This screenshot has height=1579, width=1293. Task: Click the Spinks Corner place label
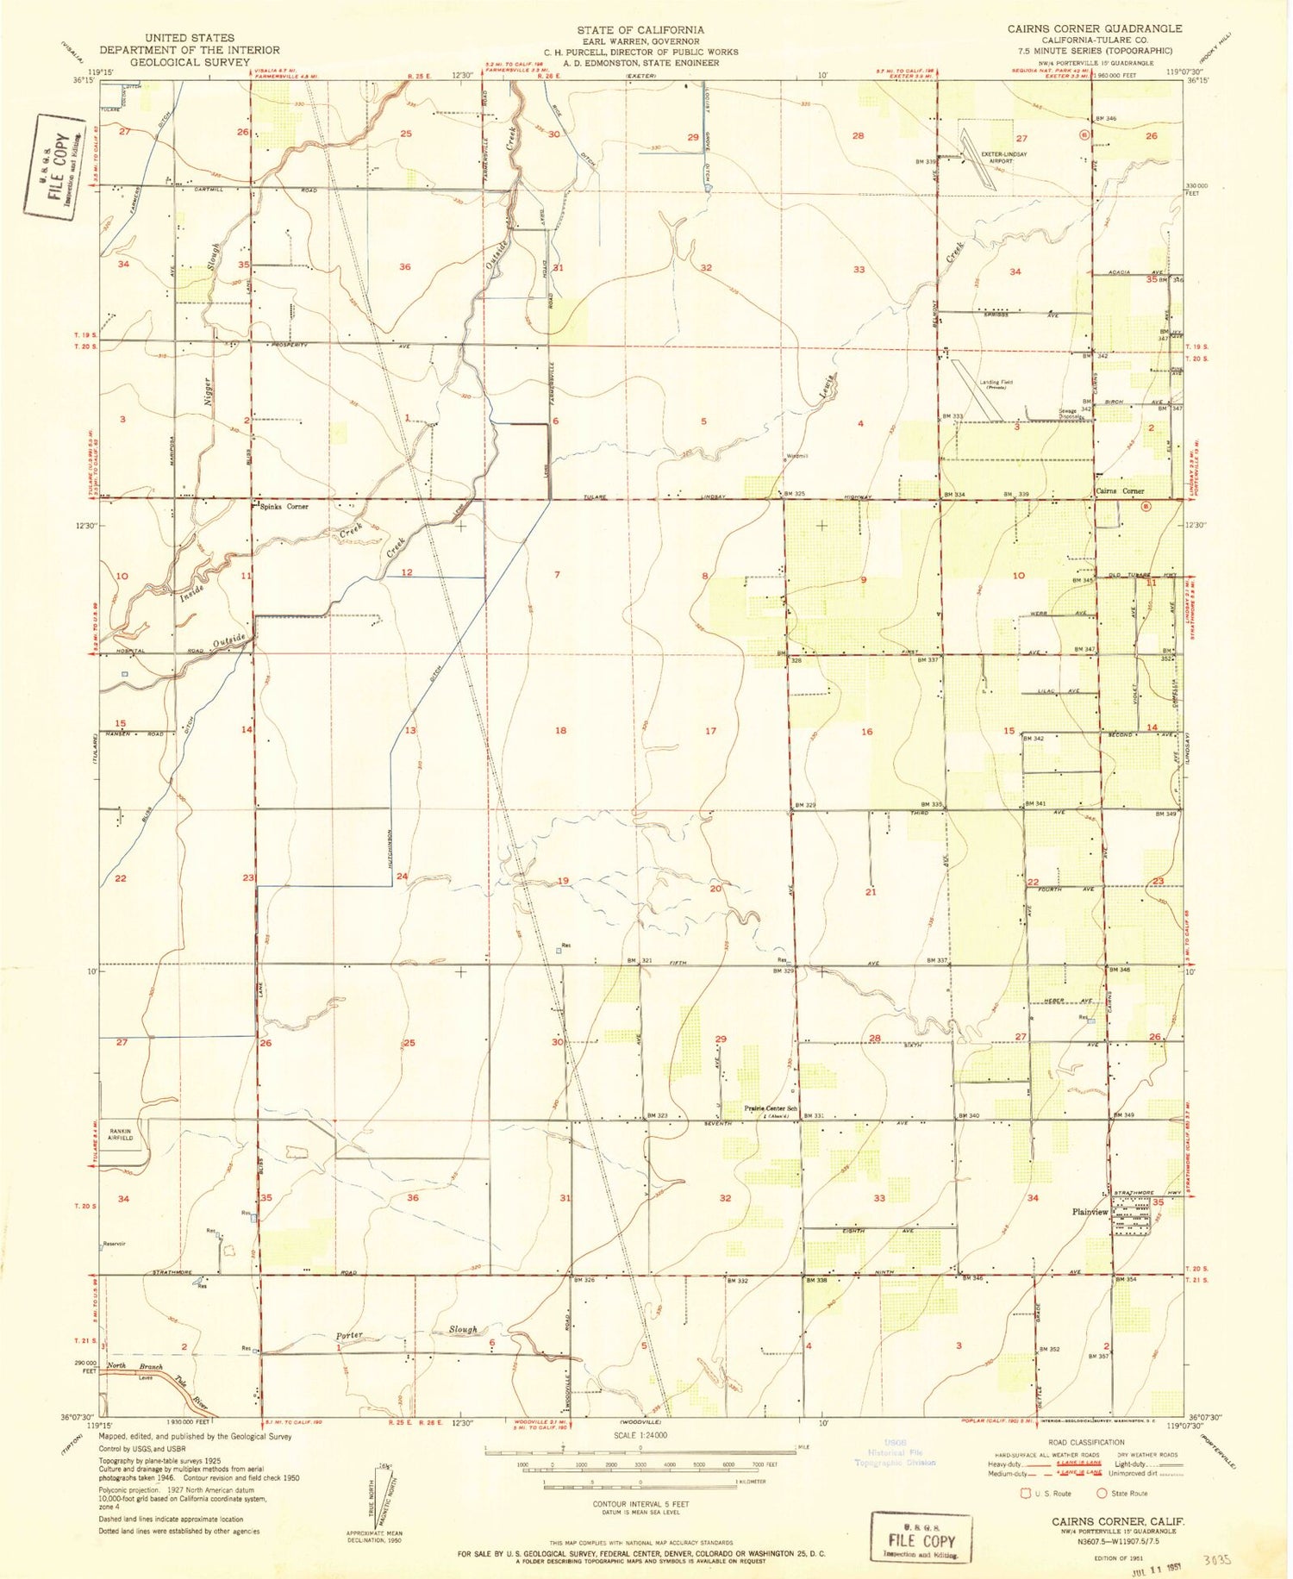tap(285, 507)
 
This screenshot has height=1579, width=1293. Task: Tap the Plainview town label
tap(1090, 1212)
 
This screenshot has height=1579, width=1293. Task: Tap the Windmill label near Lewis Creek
tap(795, 457)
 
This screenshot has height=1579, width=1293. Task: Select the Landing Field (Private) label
tap(996, 384)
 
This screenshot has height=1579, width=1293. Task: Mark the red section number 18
tap(560, 730)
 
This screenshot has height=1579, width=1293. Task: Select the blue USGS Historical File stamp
tap(896, 1457)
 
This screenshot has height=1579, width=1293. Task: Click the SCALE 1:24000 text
tap(638, 1435)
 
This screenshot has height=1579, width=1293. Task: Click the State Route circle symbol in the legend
tap(1101, 1493)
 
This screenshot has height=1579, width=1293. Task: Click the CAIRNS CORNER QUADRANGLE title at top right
tap(1095, 28)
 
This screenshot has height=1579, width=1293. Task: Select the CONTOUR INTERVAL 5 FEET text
tap(637, 1503)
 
